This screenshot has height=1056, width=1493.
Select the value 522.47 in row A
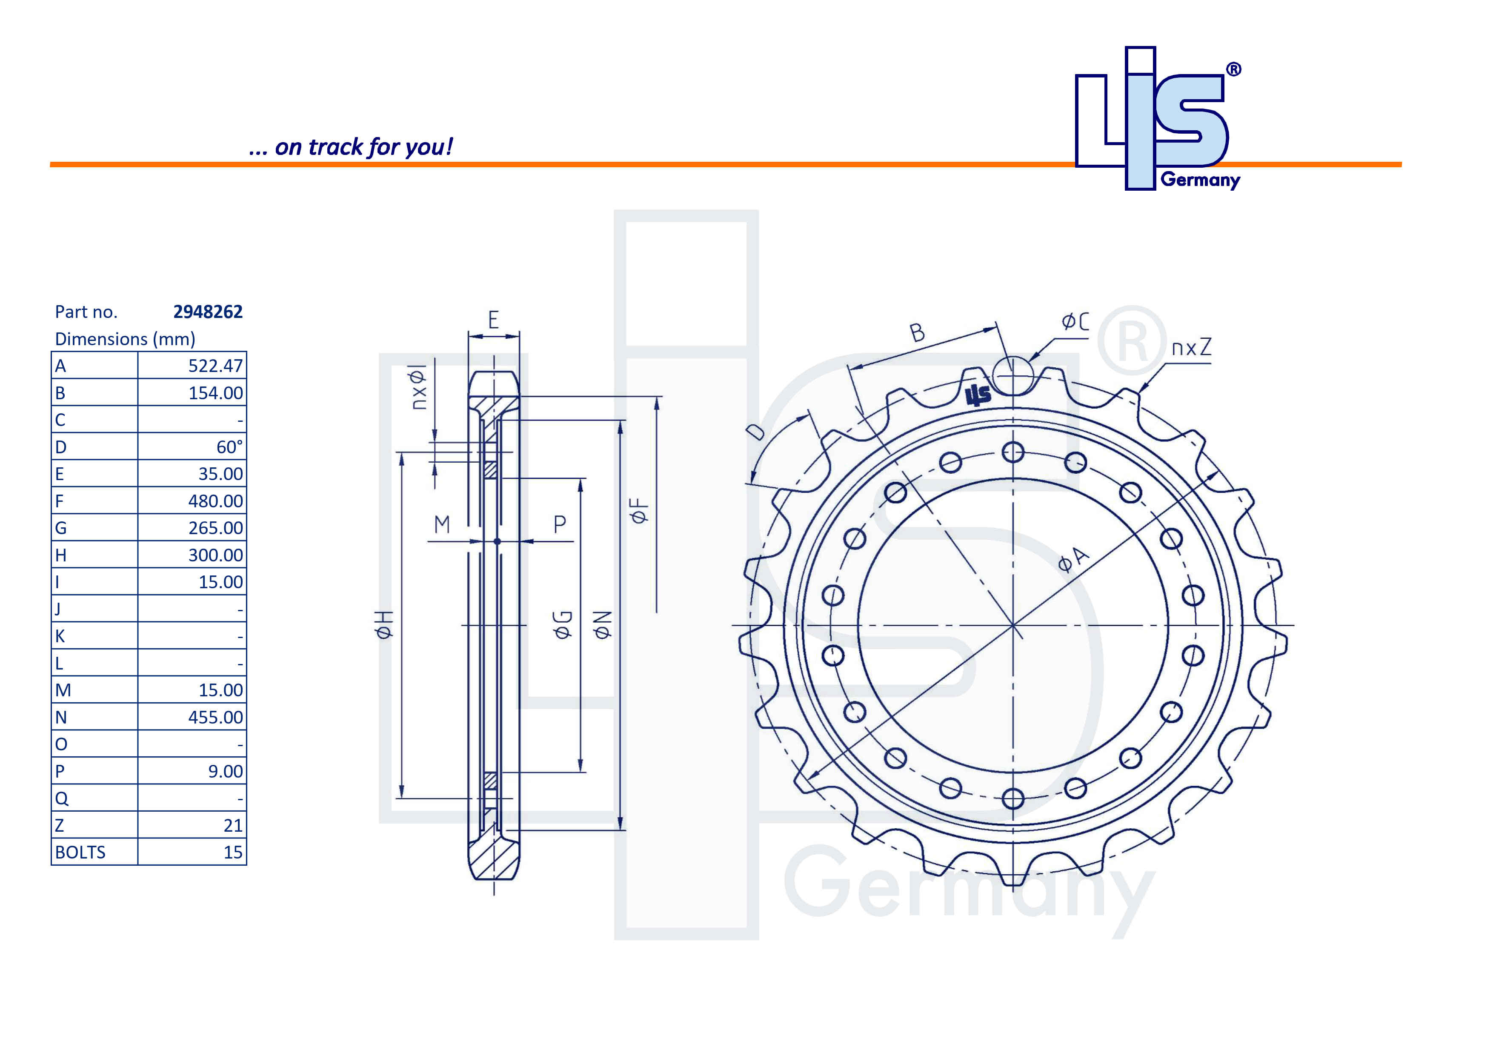click(215, 366)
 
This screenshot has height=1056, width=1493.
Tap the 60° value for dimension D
click(229, 447)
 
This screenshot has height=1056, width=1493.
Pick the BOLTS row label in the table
click(80, 853)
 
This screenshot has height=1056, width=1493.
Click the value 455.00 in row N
click(215, 717)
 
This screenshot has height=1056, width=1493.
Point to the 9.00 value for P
click(225, 771)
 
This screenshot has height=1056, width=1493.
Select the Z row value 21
click(233, 826)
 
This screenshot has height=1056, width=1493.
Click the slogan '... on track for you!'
click(351, 147)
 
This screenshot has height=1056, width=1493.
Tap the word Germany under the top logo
click(1200, 180)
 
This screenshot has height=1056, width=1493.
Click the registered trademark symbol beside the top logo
click(1233, 69)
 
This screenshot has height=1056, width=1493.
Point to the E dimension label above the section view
click(494, 320)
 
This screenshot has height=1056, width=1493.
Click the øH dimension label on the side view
click(384, 624)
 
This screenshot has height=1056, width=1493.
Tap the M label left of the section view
click(442, 524)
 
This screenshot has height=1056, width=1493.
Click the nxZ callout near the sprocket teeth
click(1191, 348)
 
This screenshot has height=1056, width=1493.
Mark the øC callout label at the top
click(1075, 321)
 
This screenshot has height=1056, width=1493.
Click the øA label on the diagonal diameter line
click(1073, 559)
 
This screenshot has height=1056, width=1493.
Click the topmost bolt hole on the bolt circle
click(1012, 452)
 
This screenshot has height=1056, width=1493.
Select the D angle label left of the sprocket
click(755, 431)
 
